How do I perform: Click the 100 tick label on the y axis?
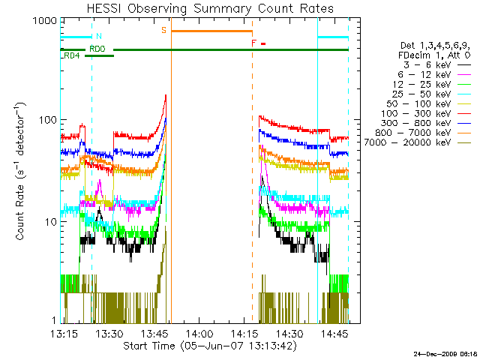pos(48,120)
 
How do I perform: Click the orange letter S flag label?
pos(163,30)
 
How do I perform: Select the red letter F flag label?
pos(254,43)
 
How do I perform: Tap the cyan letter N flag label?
pos(99,36)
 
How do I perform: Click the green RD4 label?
pos(73,56)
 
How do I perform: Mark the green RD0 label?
pos(97,49)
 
